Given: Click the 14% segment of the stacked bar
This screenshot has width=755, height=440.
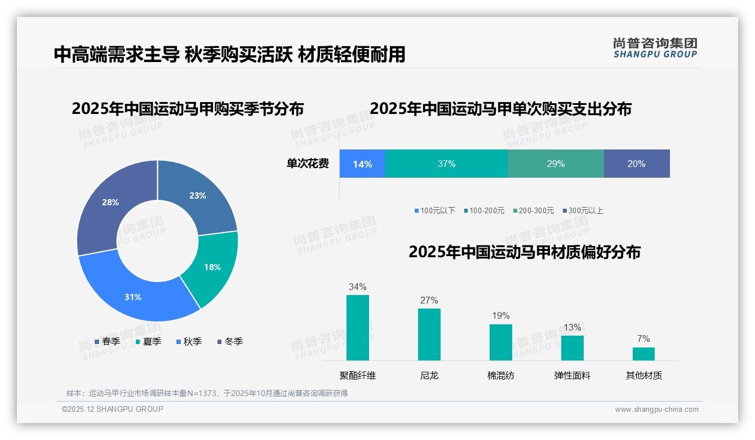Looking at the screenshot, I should [362, 164].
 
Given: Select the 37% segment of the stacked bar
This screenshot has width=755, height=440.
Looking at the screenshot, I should [446, 164].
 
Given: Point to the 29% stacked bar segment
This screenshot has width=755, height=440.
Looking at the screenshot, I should [556, 164].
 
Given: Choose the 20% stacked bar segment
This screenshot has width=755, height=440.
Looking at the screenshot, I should [637, 164].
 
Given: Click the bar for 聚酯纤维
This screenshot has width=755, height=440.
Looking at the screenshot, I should [357, 328].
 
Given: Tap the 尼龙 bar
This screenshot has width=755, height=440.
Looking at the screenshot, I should [429, 335].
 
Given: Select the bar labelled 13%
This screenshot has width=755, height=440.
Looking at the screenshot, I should [572, 348].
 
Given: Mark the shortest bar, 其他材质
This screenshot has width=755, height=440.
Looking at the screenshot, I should [643, 354].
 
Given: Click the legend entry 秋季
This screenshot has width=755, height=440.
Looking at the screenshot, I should [189, 341].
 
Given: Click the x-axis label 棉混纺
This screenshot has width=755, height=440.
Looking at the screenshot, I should [500, 375].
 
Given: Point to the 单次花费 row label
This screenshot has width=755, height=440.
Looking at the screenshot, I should [308, 164].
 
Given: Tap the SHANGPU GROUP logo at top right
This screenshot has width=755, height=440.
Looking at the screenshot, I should [655, 48].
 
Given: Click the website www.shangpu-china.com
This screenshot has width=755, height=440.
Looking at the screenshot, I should [656, 410].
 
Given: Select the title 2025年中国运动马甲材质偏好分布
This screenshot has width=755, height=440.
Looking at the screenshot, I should [524, 252].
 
